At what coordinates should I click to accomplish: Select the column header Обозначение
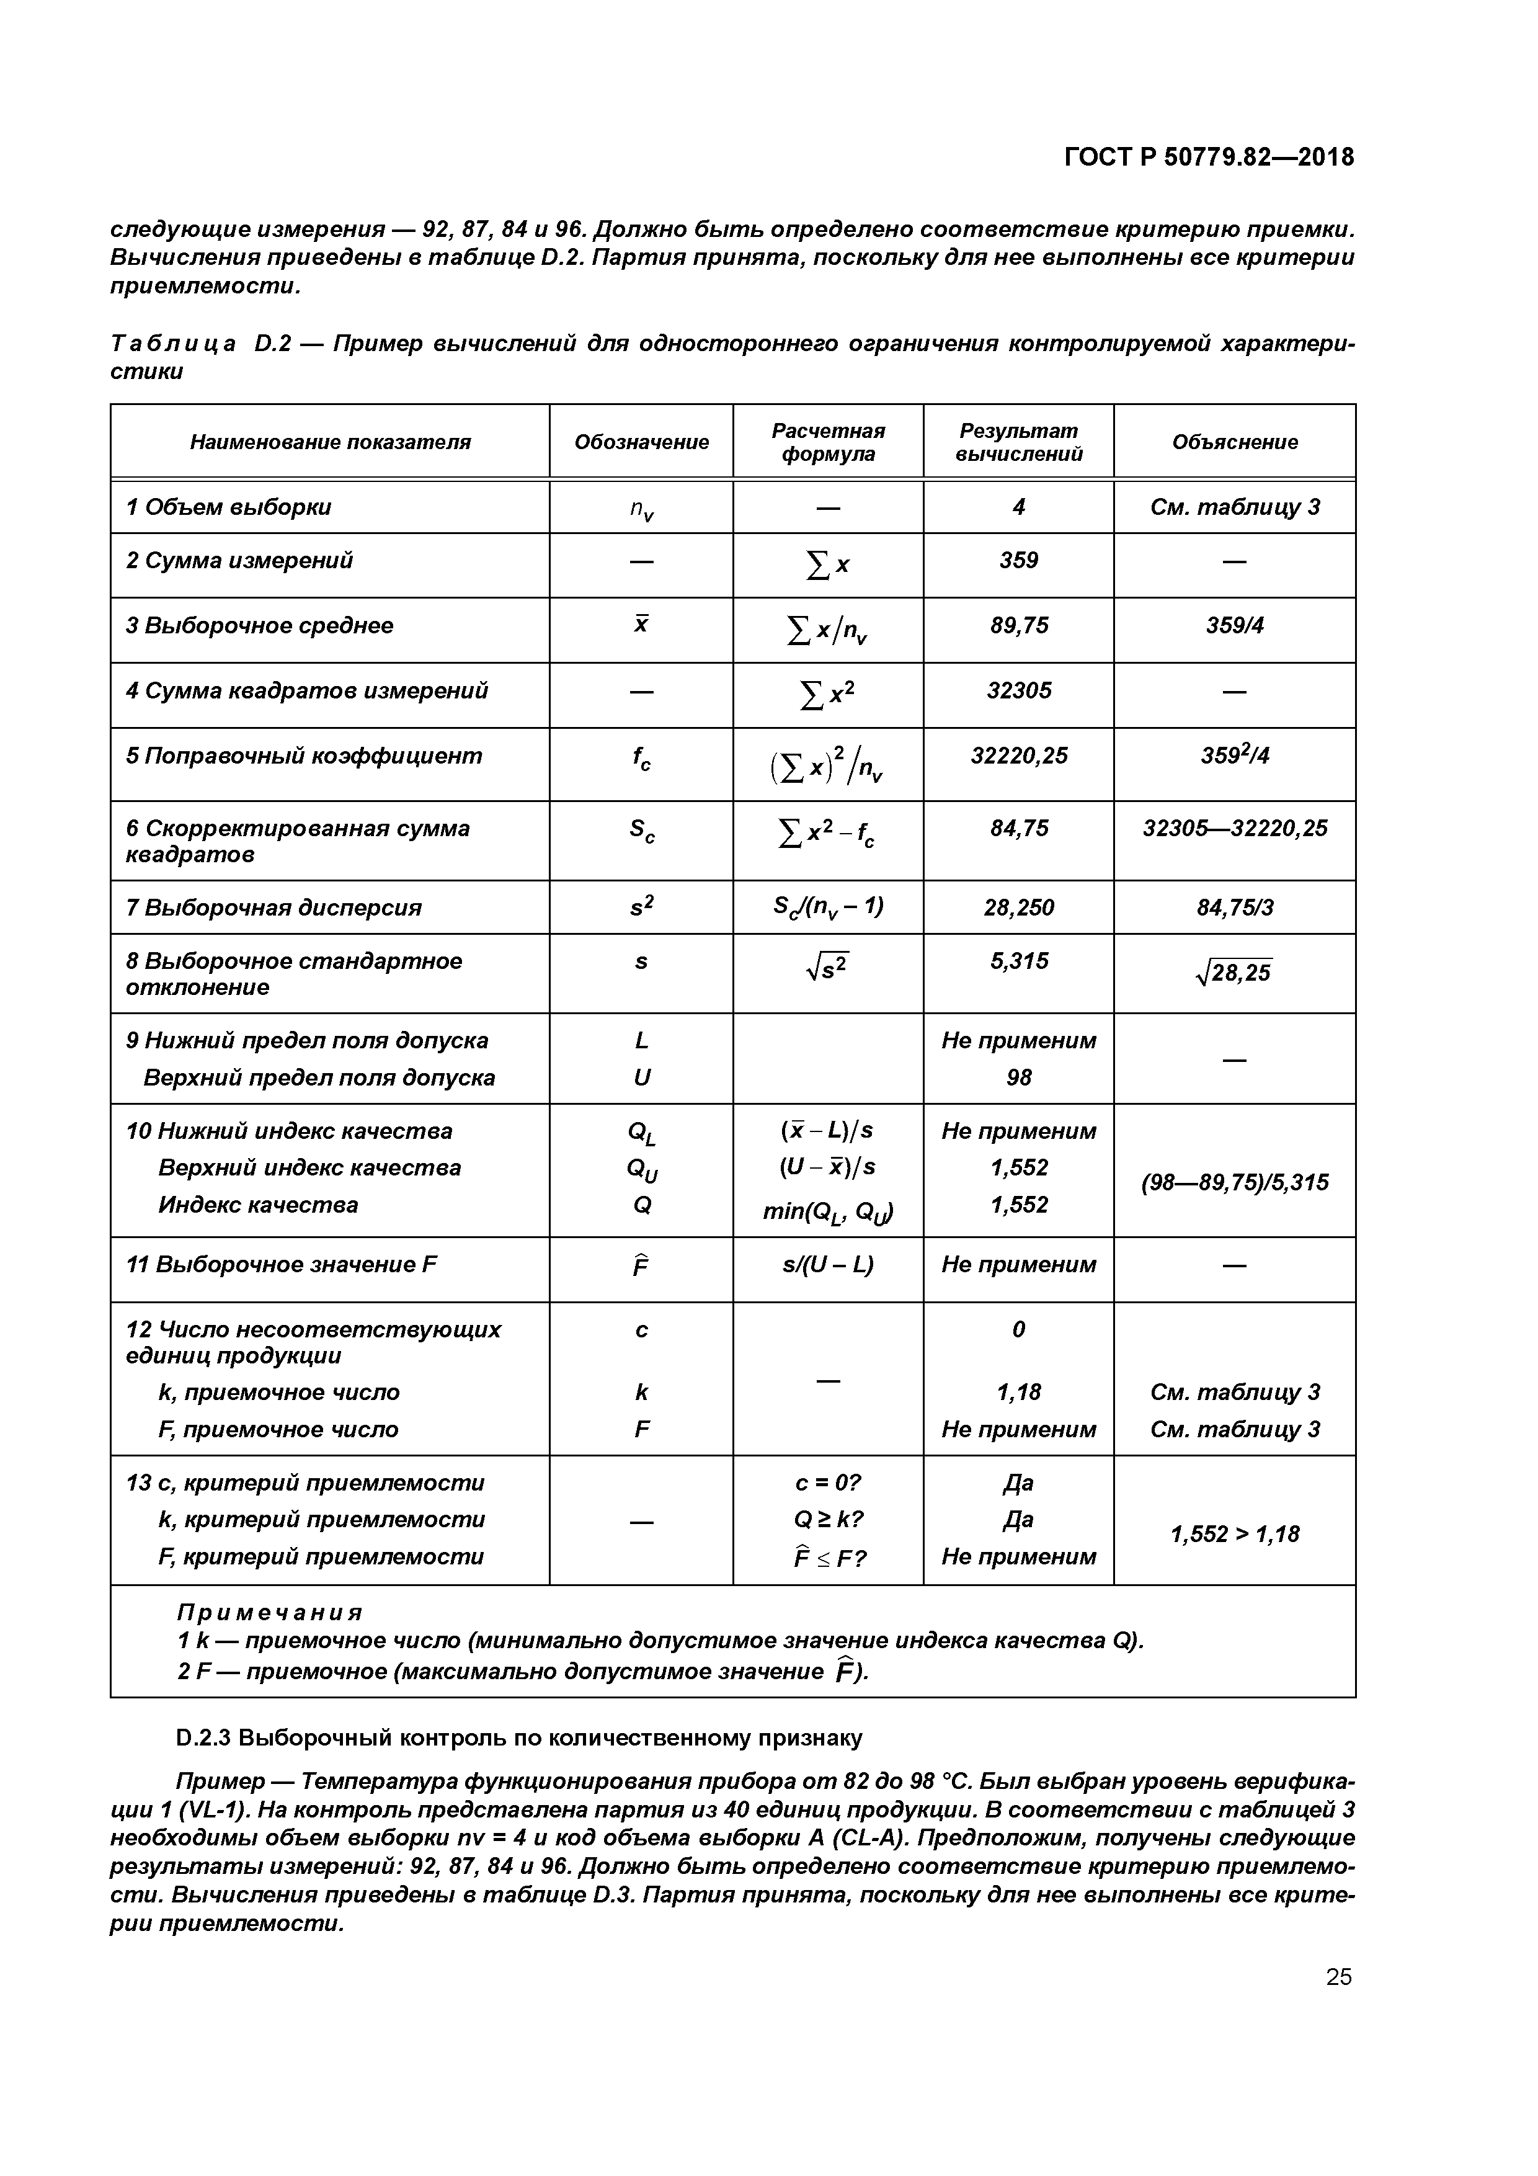(x=641, y=443)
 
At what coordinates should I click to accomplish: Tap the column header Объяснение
(x=1234, y=443)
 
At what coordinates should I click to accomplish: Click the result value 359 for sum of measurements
(x=1019, y=561)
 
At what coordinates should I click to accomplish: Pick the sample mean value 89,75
(x=1019, y=625)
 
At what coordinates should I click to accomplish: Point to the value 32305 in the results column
(x=1019, y=691)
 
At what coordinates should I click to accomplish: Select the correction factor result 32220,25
(x=1019, y=756)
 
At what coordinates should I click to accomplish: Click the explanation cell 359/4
(x=1234, y=625)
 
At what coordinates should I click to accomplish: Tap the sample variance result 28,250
(x=1019, y=908)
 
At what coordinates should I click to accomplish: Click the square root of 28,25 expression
(x=1234, y=973)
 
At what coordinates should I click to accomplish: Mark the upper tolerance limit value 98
(x=1019, y=1077)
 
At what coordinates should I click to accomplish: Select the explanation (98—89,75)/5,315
(x=1234, y=1183)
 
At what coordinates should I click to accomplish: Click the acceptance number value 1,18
(x=1019, y=1392)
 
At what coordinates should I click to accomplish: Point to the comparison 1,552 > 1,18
(x=1234, y=1535)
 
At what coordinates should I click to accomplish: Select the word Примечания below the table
(x=270, y=1612)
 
